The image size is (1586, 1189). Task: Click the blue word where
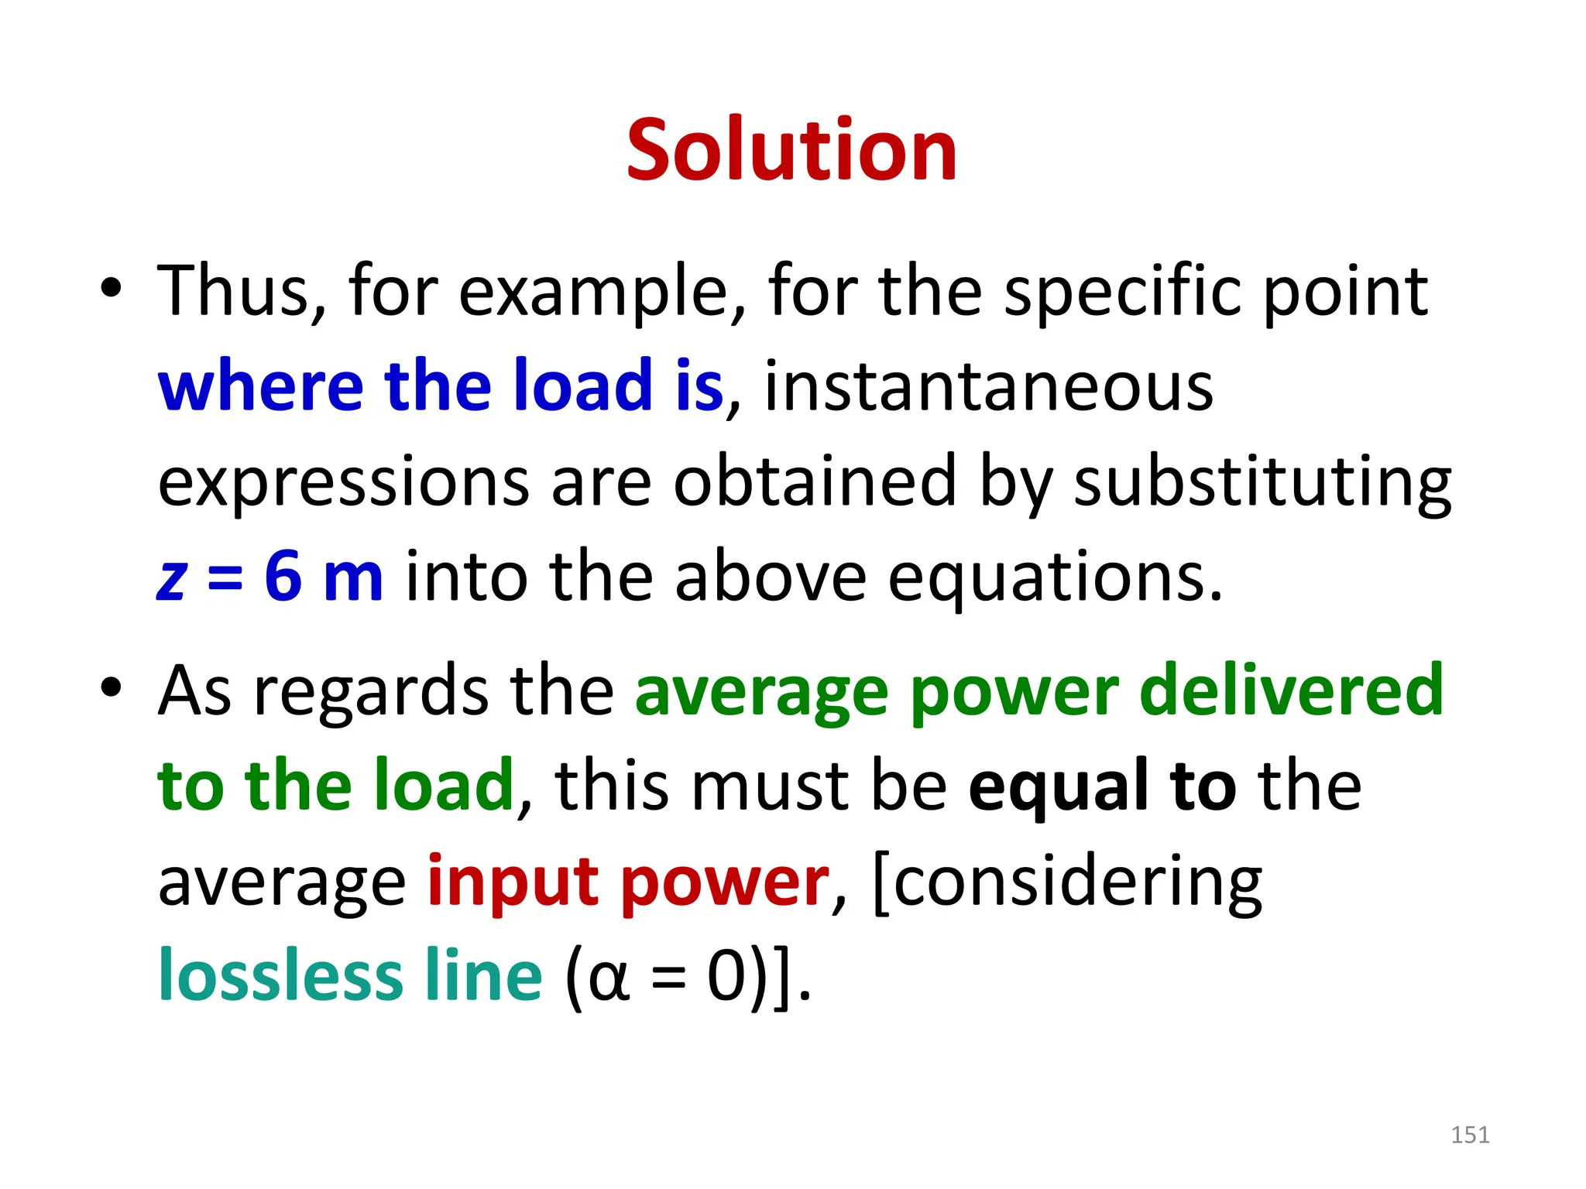coord(260,385)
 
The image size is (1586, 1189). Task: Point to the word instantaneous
coord(988,385)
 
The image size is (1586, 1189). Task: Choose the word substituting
coord(1262,481)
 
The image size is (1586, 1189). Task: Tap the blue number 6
coord(283,576)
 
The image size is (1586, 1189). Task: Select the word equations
coord(1055,577)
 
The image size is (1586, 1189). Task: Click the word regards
coord(371,691)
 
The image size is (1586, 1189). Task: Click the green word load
coord(444,786)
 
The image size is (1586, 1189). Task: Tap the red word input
coord(513,882)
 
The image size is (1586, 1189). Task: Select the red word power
coord(725,883)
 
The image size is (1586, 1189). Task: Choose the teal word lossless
coord(280,976)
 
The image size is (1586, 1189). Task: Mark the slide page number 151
coord(1470,1135)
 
